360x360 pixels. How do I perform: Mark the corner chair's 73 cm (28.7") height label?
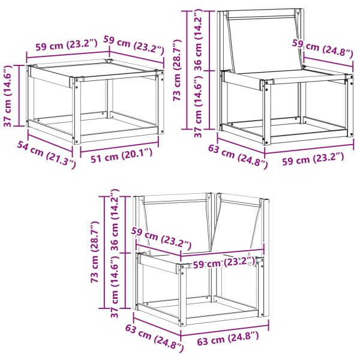point(95,252)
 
